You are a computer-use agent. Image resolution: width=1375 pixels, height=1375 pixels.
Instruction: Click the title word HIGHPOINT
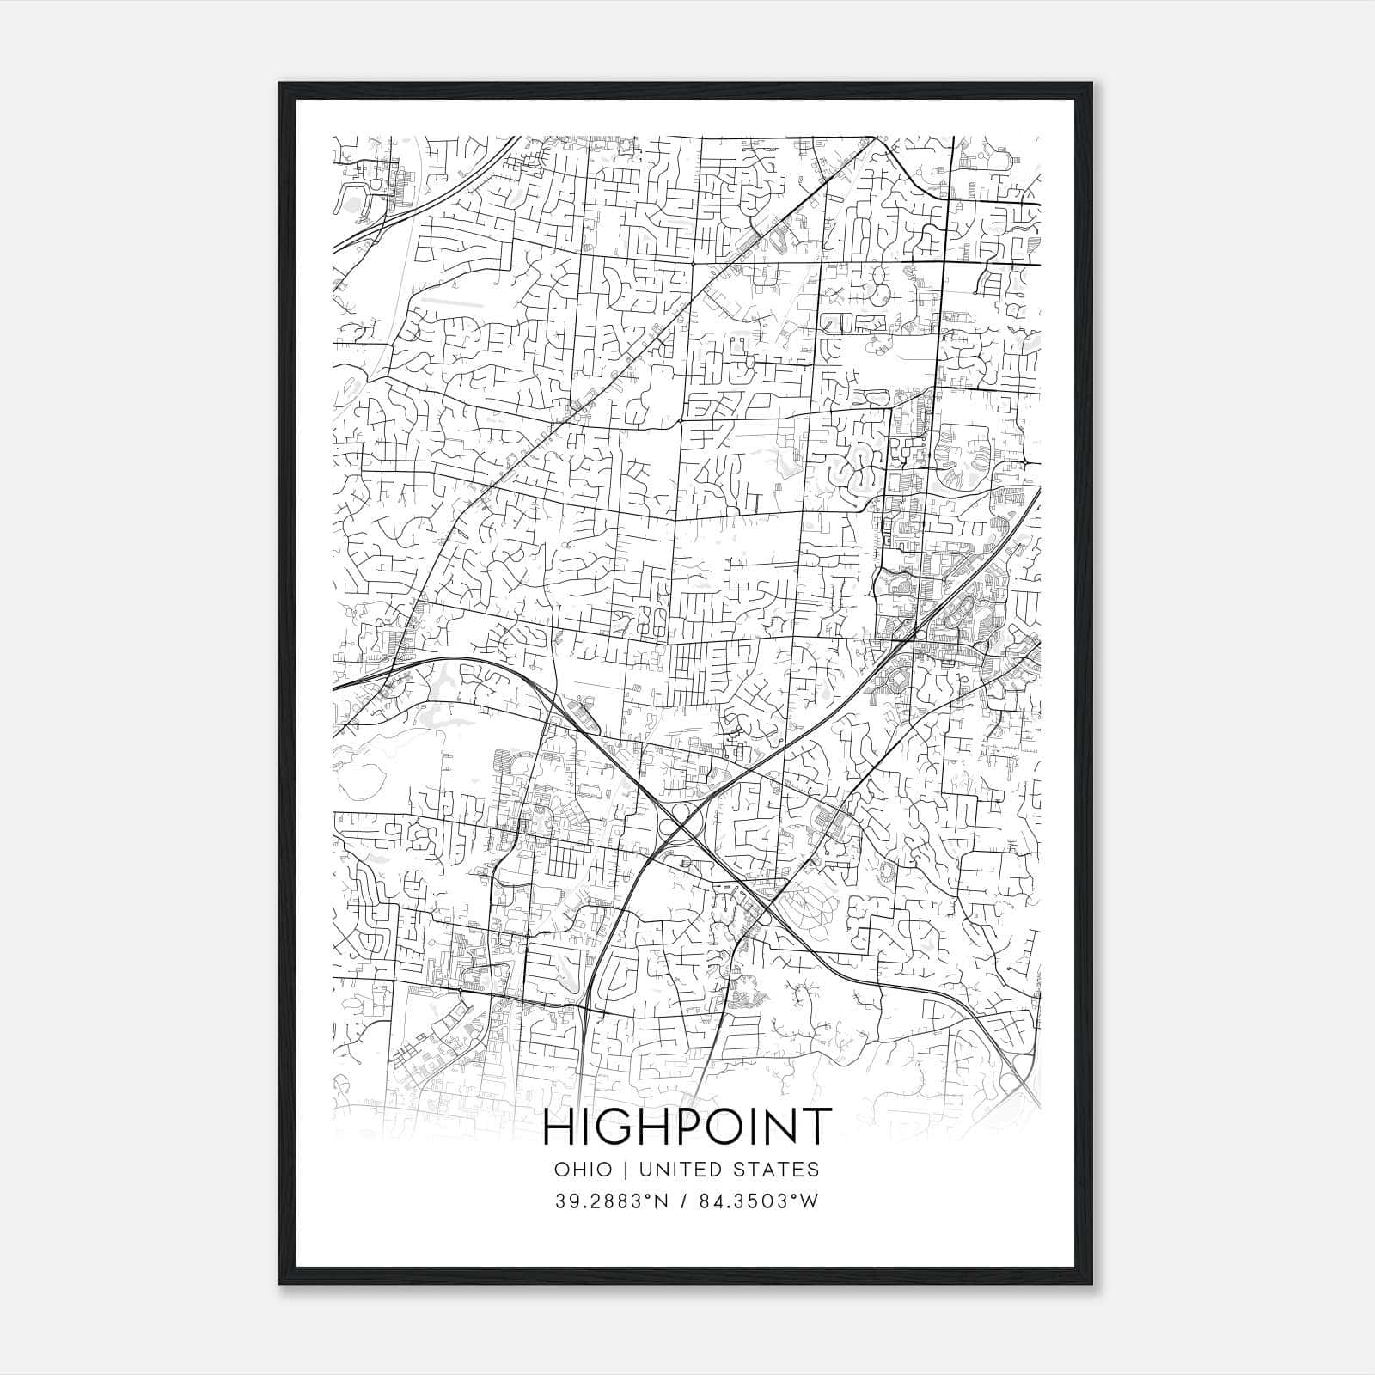pos(687,1127)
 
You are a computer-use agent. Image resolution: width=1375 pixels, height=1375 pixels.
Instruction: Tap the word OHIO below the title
pos(584,1169)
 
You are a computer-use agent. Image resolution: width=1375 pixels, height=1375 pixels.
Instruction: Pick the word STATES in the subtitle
pos(777,1169)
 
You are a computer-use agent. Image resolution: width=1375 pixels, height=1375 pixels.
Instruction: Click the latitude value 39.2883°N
pos(611,1201)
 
